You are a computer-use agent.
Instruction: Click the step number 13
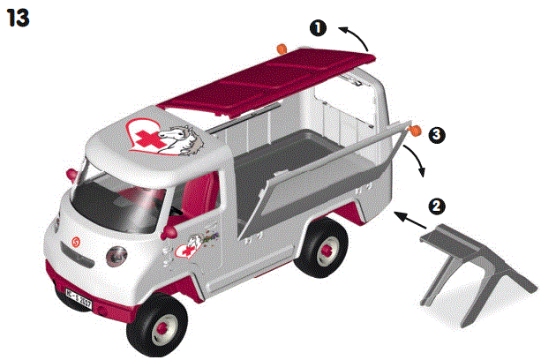(x=19, y=18)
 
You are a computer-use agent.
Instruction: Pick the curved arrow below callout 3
(x=413, y=162)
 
